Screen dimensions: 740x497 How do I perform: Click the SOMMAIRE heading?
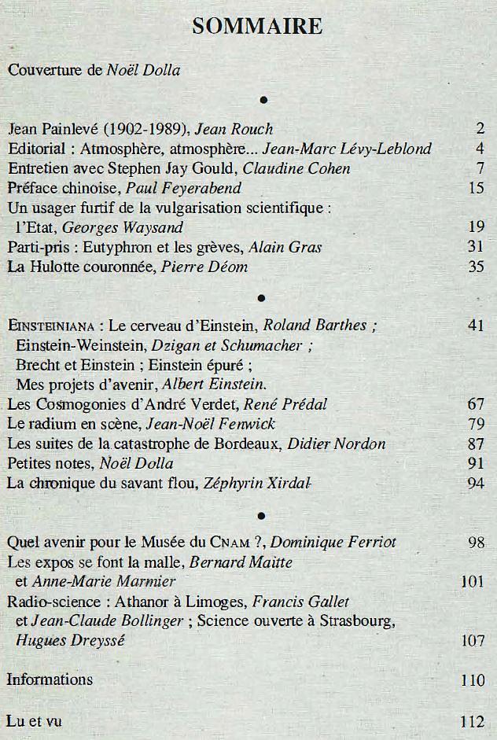coord(257,27)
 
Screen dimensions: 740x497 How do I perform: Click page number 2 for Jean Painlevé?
coord(479,129)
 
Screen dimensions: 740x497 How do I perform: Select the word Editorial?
coord(39,149)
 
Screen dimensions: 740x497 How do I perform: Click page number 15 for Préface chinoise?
coord(475,188)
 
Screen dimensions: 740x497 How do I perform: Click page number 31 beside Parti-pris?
coord(475,248)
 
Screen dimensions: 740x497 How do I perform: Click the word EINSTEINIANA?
coord(51,326)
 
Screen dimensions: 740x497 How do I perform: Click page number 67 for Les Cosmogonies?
coord(475,404)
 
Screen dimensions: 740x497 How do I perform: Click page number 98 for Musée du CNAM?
coord(475,543)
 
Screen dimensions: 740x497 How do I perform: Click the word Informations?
coord(50,679)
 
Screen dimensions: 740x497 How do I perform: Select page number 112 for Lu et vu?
coord(472,720)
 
